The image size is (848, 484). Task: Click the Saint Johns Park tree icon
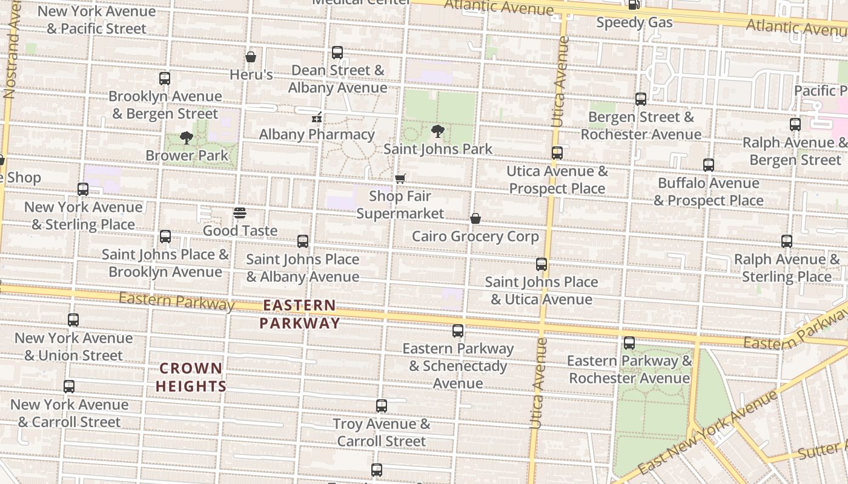[x=437, y=131]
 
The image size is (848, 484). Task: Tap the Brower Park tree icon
[x=187, y=138]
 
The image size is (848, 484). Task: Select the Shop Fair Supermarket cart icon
[x=400, y=178]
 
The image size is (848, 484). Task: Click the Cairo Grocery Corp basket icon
[x=475, y=218]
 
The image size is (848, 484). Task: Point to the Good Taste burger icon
[x=240, y=213]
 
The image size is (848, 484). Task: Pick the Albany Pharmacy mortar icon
[x=316, y=117]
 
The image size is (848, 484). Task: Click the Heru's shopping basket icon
[x=251, y=57]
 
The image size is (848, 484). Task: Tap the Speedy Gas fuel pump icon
[x=634, y=5]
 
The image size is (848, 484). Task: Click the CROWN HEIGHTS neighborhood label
[x=191, y=377]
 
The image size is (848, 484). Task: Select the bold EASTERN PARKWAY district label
[x=299, y=314]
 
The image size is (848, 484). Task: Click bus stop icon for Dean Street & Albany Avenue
[x=337, y=53]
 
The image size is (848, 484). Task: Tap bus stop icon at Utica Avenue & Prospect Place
[x=557, y=153]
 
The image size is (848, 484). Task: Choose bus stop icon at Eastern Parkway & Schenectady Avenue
[x=458, y=331]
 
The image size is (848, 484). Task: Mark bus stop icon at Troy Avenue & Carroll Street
[x=382, y=406]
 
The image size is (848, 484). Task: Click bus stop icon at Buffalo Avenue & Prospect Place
[x=709, y=165]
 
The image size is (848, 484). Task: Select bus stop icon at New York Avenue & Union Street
[x=73, y=320]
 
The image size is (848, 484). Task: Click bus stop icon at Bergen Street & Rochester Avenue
[x=641, y=99]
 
